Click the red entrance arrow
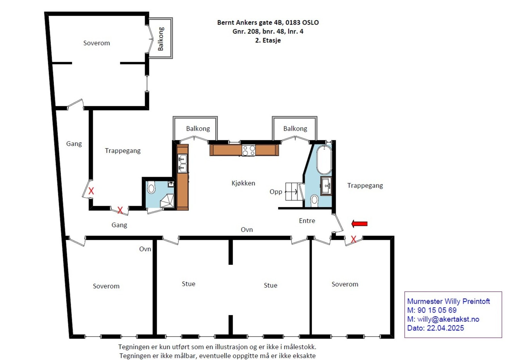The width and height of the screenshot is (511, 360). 360,224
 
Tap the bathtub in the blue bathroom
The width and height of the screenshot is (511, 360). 324,160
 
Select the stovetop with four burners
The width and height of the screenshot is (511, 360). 249,150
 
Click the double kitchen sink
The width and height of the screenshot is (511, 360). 182,163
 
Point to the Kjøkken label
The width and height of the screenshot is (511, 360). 243,183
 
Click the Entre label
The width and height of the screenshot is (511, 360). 307,221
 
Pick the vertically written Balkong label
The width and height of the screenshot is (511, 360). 161,39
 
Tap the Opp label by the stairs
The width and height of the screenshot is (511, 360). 276,192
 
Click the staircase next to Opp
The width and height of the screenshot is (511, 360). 292,191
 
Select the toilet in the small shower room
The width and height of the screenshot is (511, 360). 151,187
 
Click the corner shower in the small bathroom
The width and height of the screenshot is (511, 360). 167,201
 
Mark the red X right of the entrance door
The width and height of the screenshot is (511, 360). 353,239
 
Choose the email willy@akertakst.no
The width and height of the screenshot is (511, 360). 448,319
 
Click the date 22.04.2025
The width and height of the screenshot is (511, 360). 445,328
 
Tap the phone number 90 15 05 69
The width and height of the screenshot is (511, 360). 437,310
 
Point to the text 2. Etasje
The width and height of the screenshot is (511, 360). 268,40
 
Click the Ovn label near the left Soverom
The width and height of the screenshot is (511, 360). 145,249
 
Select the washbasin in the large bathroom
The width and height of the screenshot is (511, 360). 326,186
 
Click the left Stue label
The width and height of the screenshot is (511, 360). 188,284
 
